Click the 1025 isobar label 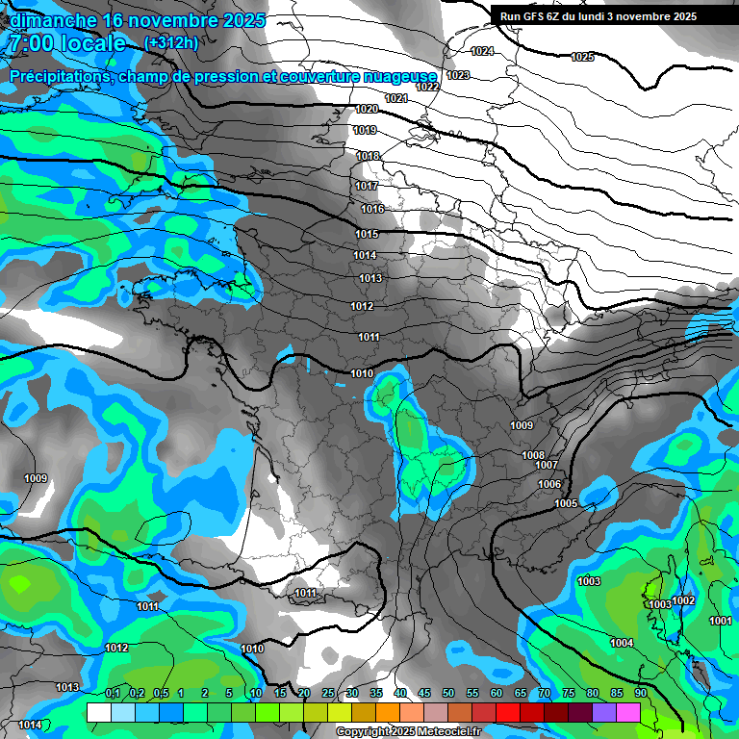coord(582,58)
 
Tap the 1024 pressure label coord(482,51)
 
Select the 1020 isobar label coord(367,109)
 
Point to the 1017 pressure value coord(367,186)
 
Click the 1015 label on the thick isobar coord(367,234)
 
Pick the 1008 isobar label coord(533,455)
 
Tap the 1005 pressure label coord(566,503)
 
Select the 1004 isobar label coord(622,643)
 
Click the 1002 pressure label coord(683,600)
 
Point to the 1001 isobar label coord(720,621)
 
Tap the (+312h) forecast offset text coord(171,43)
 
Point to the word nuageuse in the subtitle coord(398,75)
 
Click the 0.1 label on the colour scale coord(113,693)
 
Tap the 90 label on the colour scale coord(640,693)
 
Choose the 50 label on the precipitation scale coord(448,693)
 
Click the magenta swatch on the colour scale coord(628,712)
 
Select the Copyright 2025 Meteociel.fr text coord(408,731)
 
